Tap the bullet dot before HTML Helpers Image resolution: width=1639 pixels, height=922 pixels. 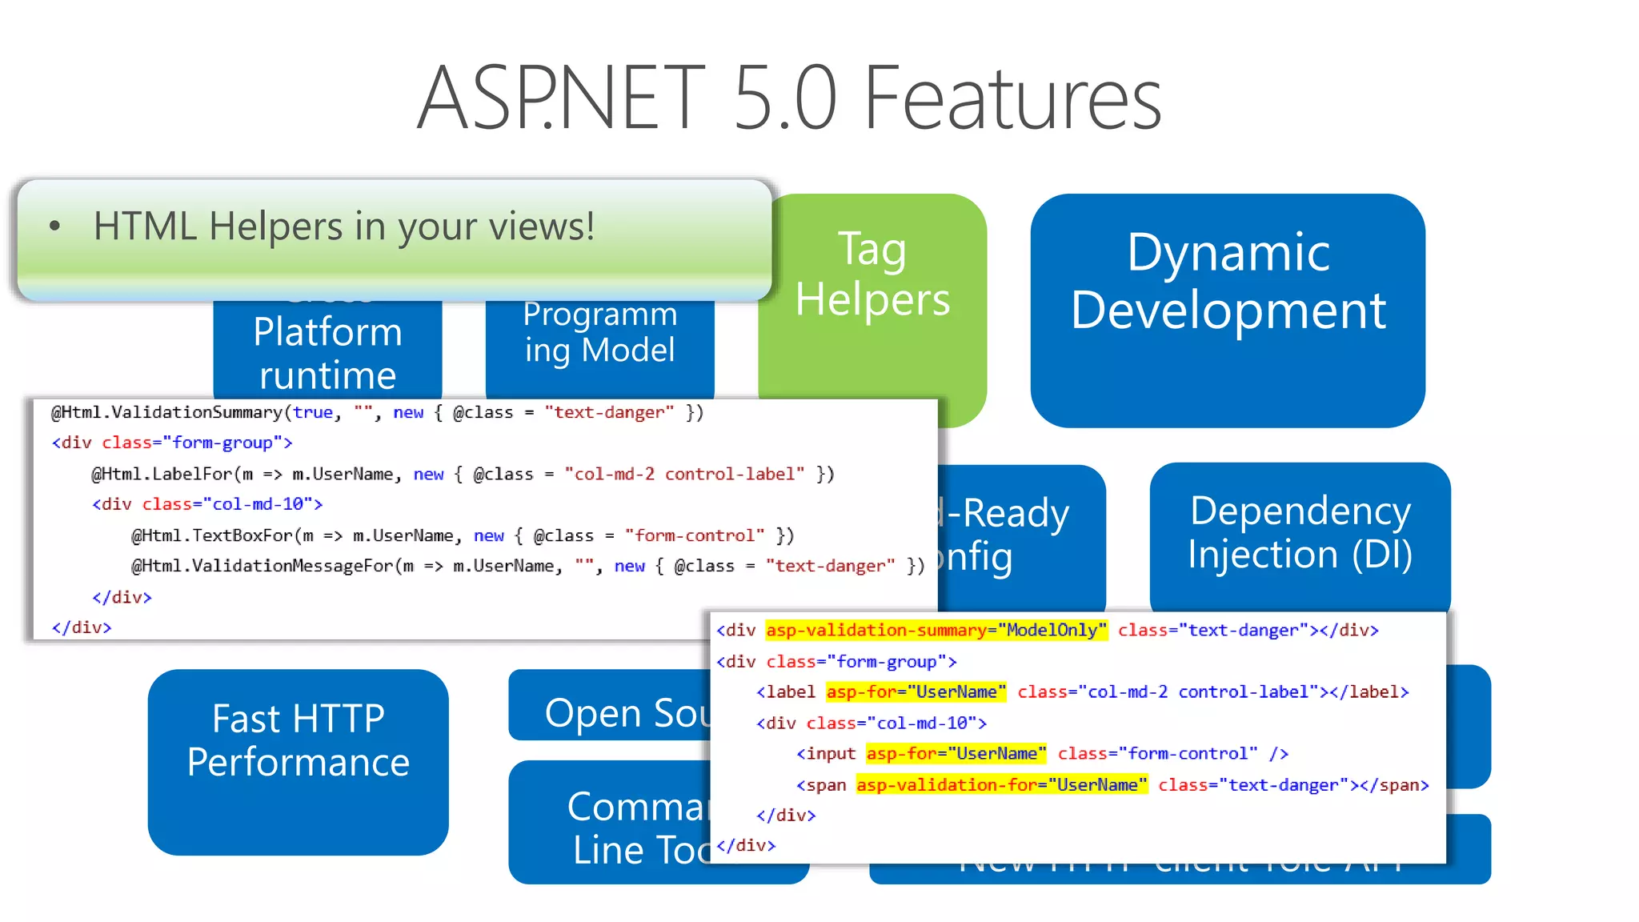pyautogui.click(x=54, y=226)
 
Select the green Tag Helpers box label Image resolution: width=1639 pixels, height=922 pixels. pyautogui.click(x=872, y=275)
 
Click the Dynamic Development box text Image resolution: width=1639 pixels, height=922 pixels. pyautogui.click(x=1228, y=282)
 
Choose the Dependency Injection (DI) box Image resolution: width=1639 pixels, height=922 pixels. pyautogui.click(x=1300, y=532)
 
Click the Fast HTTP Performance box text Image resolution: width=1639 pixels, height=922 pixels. pyautogui.click(x=298, y=740)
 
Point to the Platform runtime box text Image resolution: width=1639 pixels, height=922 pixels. pyautogui.click(x=327, y=353)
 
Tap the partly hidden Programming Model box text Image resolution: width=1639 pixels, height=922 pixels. pyautogui.click(x=599, y=333)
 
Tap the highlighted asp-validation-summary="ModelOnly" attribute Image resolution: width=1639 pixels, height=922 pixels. pyautogui.click(x=936, y=631)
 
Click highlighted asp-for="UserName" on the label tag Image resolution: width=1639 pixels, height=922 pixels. pyautogui.click(x=916, y=692)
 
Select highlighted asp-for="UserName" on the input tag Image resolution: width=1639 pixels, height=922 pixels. pyautogui.click(x=956, y=754)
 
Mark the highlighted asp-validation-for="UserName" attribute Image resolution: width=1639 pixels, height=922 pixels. pyautogui.click(x=1001, y=785)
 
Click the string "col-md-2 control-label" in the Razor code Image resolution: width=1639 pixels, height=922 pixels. pyautogui.click(x=684, y=474)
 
